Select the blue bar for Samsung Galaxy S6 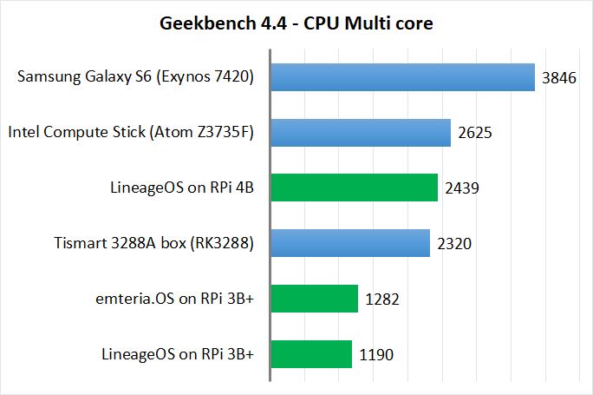pos(403,77)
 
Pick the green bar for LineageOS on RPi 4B pos(355,188)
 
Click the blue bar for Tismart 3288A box pos(351,243)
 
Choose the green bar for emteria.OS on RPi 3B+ pos(315,299)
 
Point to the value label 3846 pos(559,78)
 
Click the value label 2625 pos(475,134)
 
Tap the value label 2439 pos(462,188)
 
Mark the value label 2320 pos(454,244)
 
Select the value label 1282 pos(382,300)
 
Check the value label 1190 pos(376,354)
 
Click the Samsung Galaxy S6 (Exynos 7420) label pos(135,78)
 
